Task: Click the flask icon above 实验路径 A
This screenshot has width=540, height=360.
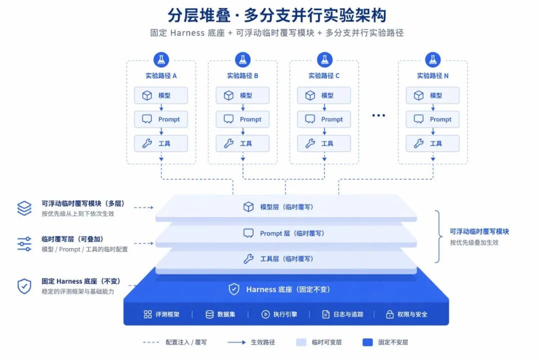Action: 161,59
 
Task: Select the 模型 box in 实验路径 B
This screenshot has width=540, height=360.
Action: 242,95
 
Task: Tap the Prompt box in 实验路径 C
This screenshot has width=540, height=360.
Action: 324,119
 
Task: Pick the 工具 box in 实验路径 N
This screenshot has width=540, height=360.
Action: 432,143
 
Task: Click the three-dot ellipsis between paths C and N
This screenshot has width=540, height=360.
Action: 378,115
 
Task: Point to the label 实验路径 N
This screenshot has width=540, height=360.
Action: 432,76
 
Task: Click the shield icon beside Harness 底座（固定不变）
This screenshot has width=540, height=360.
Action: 234,289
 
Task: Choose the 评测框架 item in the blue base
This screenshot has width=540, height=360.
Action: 161,314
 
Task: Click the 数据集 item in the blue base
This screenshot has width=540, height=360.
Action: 220,314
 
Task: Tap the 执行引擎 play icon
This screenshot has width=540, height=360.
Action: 265,314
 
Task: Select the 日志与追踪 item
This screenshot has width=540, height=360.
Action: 342,314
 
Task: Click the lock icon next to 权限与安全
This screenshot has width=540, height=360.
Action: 390,314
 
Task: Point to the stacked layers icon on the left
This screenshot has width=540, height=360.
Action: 24,208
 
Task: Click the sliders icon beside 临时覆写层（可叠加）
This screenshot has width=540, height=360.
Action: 24,244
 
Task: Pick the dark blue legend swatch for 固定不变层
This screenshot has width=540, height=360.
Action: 367,342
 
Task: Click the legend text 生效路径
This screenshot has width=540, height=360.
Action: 263,342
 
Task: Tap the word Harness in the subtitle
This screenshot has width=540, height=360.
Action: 187,32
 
